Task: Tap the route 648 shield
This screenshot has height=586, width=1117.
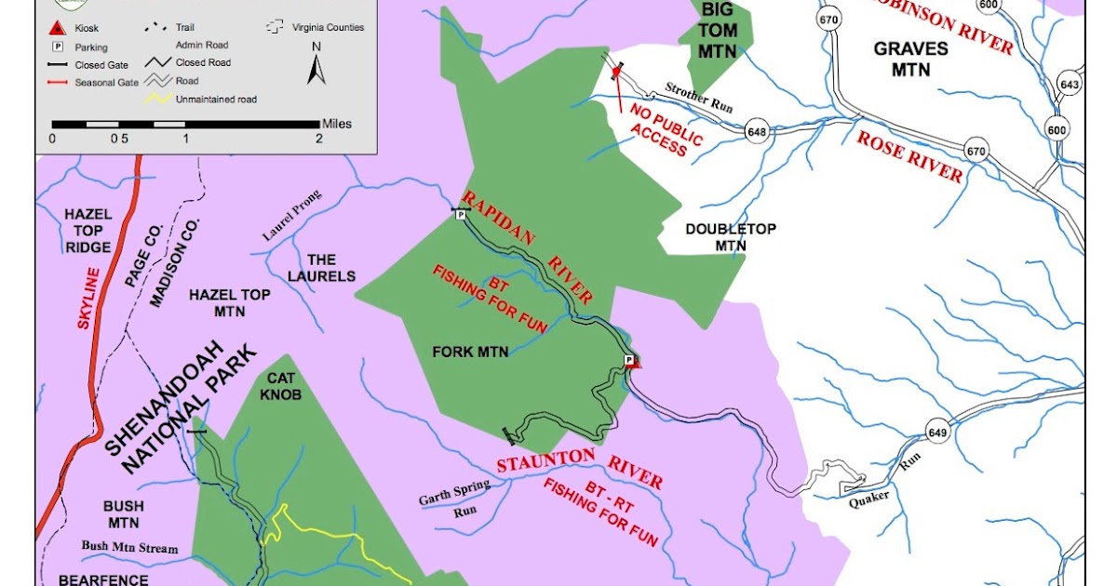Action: [756, 133]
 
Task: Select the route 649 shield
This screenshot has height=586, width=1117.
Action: [936, 429]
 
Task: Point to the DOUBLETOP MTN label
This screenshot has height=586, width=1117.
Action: [730, 237]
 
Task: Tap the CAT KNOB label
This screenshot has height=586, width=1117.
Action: [280, 388]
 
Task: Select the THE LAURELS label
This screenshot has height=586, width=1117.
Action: [321, 268]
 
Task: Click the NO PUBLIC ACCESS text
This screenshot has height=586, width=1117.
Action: [663, 130]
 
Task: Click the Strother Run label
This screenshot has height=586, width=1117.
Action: [699, 98]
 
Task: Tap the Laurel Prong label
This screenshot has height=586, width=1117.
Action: [291, 216]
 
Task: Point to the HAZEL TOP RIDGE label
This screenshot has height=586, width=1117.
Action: [88, 231]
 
